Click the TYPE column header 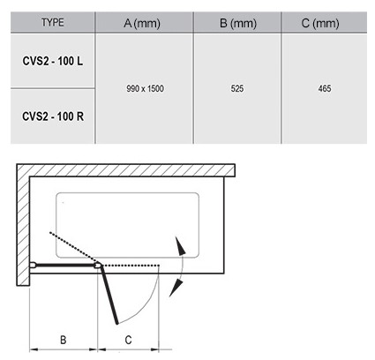point(53,23)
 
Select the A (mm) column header point(142,23)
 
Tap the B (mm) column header point(238,23)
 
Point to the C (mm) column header point(320,23)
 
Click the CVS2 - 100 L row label point(53,61)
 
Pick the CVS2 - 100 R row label point(53,116)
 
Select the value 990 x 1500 point(145,88)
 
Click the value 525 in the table point(237,88)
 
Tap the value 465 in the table point(325,88)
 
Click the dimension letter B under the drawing point(64,340)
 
